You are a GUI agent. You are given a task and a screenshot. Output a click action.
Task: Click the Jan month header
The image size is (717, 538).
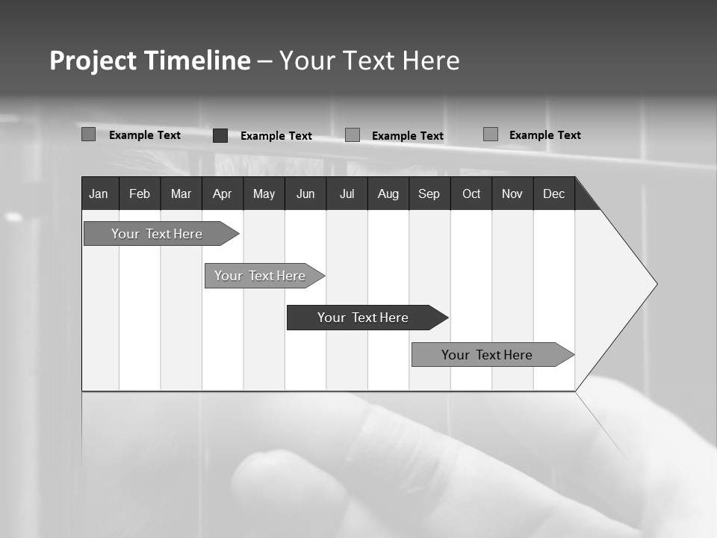tap(99, 194)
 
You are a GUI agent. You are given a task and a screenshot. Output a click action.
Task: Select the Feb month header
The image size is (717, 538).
tap(140, 194)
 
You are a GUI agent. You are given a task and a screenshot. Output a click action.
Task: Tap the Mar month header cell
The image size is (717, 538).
tap(181, 194)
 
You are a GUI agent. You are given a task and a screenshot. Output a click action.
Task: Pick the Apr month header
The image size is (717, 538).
tap(223, 194)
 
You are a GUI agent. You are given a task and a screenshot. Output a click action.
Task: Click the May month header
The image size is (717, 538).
tap(264, 194)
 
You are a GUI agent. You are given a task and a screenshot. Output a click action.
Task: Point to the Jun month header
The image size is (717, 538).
tap(305, 194)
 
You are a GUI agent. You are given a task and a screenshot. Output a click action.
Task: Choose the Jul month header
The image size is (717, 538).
tap(347, 194)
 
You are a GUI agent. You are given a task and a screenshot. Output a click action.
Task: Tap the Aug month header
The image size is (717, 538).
tap(388, 194)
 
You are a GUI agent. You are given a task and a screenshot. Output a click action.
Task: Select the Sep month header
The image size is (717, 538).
tap(429, 194)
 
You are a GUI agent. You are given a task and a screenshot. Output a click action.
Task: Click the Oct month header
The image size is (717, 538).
tap(471, 194)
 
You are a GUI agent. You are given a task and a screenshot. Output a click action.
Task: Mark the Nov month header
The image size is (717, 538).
tap(512, 194)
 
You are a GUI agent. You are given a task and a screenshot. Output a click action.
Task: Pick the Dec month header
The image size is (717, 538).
tap(554, 194)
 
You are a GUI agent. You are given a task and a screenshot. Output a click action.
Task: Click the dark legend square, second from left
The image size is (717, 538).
tap(220, 135)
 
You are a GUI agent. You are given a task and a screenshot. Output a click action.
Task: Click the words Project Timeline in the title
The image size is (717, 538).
tap(150, 61)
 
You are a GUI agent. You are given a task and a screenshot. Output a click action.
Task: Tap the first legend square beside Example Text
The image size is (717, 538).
tap(89, 134)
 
